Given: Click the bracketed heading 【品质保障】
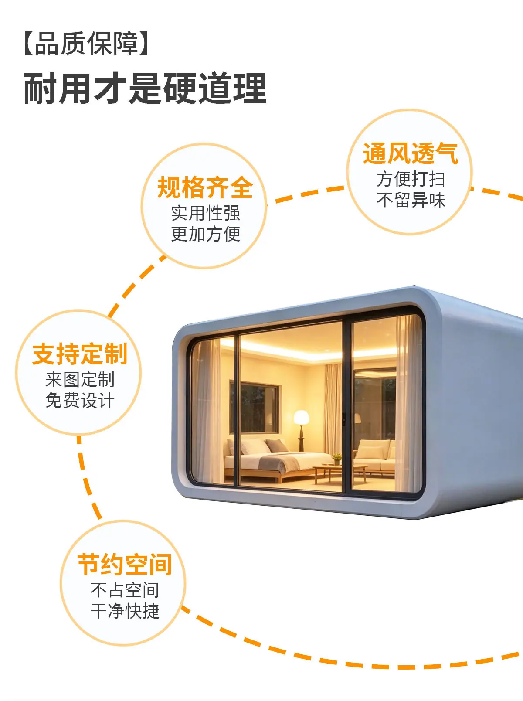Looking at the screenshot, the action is pos(86,44).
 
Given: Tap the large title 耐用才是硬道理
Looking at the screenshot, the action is pos(145,88).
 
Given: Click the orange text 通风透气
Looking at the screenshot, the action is pos(411,153).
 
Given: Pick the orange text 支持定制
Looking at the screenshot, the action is pos(80,354).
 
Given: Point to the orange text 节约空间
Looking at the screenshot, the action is pos(125,565).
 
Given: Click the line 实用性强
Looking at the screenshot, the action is pos(205,213).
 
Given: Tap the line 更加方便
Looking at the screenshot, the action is pos(205,234).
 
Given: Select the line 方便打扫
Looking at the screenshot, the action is pos(411,179).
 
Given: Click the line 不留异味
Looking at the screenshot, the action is pos(411,200).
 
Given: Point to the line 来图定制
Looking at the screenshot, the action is pos(80,379).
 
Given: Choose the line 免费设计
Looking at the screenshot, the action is pos(80,401).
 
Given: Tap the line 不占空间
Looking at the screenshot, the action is pos(125,590).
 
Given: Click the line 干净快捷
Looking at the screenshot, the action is pos(125,611).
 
